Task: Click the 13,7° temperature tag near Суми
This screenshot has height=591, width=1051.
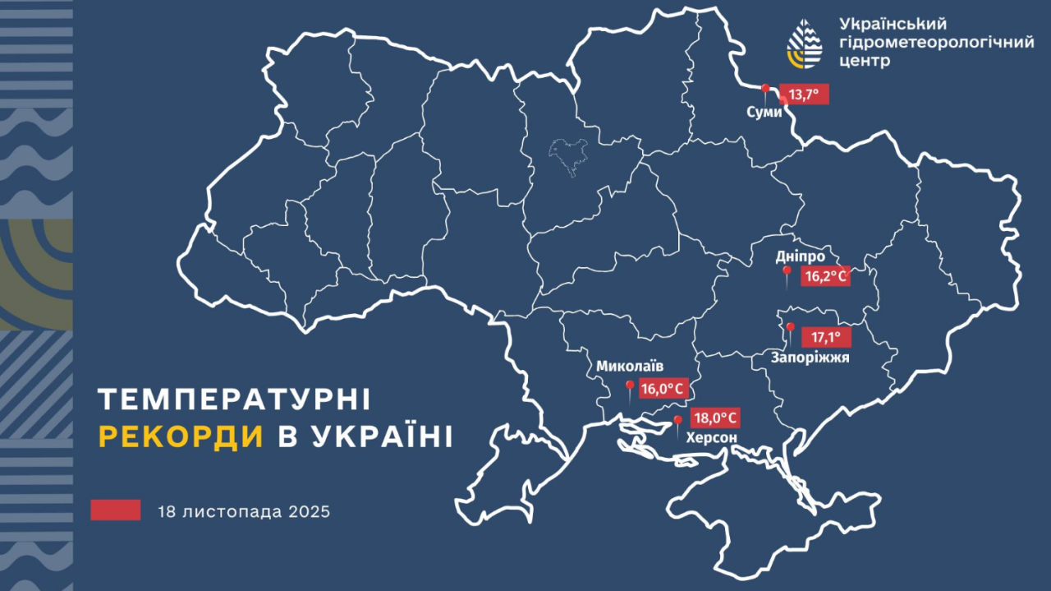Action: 804,95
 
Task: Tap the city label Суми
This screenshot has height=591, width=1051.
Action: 764,112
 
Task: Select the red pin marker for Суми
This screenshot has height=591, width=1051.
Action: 765,90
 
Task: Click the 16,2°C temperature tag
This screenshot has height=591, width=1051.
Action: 824,277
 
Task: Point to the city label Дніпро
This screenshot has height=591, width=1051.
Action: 800,256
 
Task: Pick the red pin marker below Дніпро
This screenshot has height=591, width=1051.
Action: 786,274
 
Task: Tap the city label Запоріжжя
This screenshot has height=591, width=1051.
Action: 810,358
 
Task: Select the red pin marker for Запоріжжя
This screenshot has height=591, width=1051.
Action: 790,330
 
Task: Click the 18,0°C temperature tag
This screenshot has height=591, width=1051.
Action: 714,418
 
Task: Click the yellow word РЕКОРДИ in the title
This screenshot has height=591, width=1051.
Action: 181,436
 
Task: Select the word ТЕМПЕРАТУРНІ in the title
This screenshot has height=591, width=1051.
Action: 234,399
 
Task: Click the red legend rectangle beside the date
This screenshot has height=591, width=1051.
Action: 116,510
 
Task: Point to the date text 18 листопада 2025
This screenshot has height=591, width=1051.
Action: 245,511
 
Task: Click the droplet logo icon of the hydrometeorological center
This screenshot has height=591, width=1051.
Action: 805,43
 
